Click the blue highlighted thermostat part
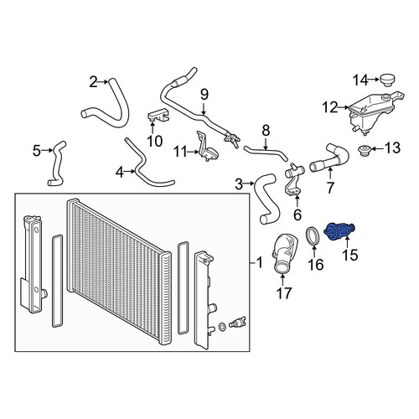(x=339, y=231)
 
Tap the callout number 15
(x=349, y=255)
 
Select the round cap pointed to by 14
(x=387, y=80)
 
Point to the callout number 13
(x=392, y=147)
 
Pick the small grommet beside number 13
(x=365, y=151)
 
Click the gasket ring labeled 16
(x=313, y=237)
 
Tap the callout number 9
(x=204, y=95)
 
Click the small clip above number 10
(x=158, y=115)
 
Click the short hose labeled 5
(x=57, y=163)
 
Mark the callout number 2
(x=93, y=82)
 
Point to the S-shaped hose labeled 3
(x=267, y=199)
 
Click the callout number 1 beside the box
(x=260, y=263)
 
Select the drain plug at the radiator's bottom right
(x=237, y=323)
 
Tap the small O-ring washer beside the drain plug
(x=222, y=326)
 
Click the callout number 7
(x=330, y=188)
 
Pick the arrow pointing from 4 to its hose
(x=129, y=171)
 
